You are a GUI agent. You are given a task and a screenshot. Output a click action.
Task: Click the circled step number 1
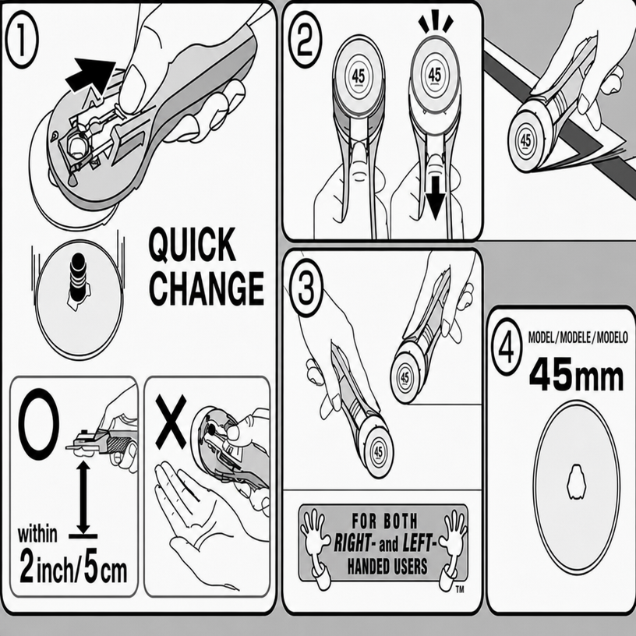click(x=22, y=39)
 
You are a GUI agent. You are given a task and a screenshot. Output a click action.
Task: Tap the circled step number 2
click(x=306, y=39)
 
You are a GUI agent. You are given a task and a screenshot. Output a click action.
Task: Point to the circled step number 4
click(x=506, y=347)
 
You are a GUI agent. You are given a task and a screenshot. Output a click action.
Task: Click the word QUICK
click(x=193, y=245)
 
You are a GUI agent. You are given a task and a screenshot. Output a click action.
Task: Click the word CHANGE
click(x=207, y=288)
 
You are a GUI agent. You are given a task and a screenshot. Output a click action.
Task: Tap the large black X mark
click(x=171, y=422)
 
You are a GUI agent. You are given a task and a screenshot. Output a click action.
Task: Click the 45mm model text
click(x=576, y=374)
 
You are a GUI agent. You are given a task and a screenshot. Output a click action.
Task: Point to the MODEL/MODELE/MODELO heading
click(x=578, y=337)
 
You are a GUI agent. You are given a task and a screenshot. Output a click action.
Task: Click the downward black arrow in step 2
click(x=436, y=198)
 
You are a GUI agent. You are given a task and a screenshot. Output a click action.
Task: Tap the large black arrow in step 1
click(x=90, y=75)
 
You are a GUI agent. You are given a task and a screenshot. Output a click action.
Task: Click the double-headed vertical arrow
click(x=83, y=497)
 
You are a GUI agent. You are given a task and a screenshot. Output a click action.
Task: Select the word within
click(x=37, y=534)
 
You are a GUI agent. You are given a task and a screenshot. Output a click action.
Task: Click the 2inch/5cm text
click(x=73, y=571)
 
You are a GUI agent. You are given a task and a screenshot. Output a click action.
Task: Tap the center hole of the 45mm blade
click(x=576, y=482)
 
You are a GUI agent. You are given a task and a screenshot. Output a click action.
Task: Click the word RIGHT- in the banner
click(x=352, y=543)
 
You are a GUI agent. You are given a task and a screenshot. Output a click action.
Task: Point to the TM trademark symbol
click(x=460, y=589)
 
